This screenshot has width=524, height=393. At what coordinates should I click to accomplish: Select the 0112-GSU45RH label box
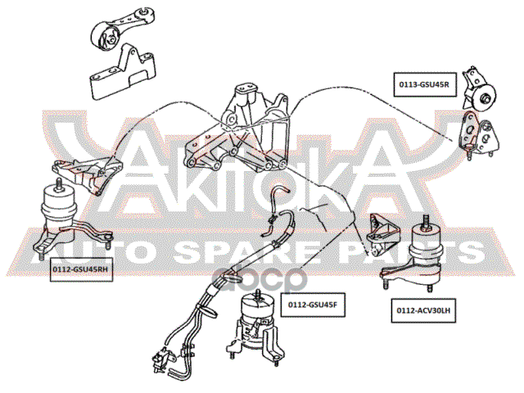point(80,268)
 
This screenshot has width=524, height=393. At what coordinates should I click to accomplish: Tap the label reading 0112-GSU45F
point(312,305)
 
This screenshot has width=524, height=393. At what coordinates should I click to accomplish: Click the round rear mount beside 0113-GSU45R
point(483,98)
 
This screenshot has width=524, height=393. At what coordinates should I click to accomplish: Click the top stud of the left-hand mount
point(427,219)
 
